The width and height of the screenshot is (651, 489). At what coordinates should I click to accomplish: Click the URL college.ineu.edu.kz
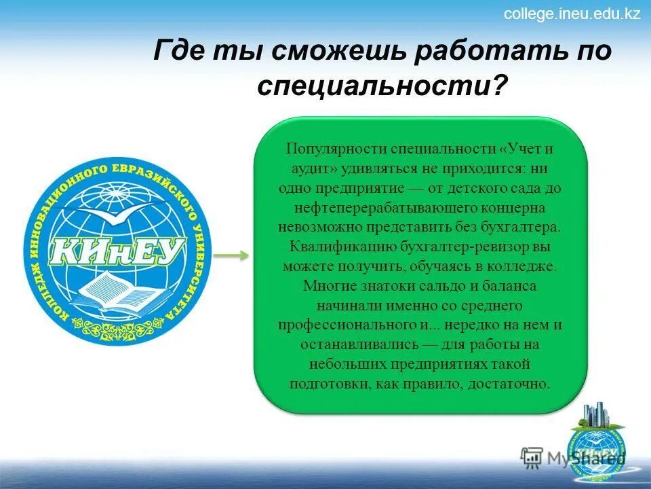tap(572, 14)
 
